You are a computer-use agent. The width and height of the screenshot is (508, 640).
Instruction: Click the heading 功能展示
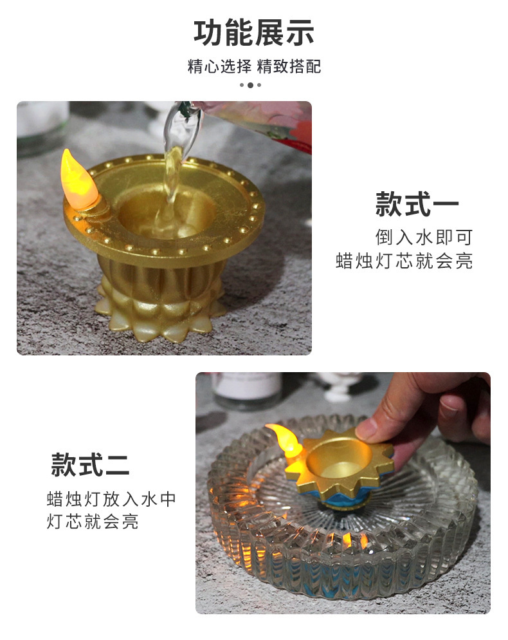click(x=254, y=32)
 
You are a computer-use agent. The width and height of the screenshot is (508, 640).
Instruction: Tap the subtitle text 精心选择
click(x=219, y=66)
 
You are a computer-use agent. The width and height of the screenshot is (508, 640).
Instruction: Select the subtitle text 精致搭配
click(x=289, y=66)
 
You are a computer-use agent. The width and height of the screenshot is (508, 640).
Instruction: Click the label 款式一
click(x=417, y=205)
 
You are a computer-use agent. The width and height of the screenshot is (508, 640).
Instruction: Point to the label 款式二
click(x=91, y=465)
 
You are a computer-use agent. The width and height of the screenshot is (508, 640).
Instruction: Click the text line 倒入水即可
click(x=424, y=237)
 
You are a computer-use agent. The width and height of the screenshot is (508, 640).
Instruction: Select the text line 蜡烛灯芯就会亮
click(x=404, y=261)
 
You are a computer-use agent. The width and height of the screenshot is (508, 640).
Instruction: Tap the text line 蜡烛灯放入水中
click(x=111, y=499)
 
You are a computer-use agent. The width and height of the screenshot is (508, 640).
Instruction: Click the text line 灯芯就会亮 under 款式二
click(x=93, y=522)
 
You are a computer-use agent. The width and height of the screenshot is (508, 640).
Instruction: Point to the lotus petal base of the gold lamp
click(x=161, y=309)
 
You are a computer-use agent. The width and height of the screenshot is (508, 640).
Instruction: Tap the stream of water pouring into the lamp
click(x=172, y=187)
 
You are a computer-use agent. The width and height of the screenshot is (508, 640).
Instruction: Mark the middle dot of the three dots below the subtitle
click(x=251, y=85)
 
